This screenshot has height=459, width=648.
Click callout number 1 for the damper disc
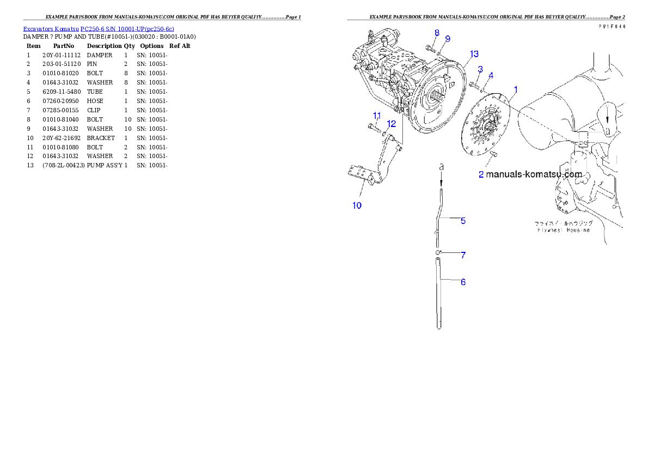click(x=516, y=89)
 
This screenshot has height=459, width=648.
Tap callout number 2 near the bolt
click(x=481, y=175)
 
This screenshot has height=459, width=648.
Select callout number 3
click(x=480, y=69)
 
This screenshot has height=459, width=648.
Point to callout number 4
click(x=491, y=75)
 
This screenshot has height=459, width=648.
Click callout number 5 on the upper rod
click(x=463, y=221)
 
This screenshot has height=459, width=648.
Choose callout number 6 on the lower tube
click(x=463, y=282)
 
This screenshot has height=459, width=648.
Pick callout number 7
click(x=463, y=255)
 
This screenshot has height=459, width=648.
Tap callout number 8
click(x=437, y=33)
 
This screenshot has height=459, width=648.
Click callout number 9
click(x=448, y=39)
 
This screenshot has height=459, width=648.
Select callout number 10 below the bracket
click(x=357, y=206)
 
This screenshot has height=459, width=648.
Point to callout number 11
click(x=376, y=115)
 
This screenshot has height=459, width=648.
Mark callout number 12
click(x=391, y=124)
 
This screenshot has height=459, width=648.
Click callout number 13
click(x=474, y=53)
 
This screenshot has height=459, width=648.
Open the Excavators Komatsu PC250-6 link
click(x=99, y=28)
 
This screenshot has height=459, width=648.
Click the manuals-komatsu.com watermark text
click(x=534, y=174)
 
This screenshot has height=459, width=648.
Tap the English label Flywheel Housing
click(x=563, y=230)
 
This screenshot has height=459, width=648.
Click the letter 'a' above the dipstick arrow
click(x=442, y=165)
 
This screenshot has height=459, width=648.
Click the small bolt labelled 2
click(x=494, y=155)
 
